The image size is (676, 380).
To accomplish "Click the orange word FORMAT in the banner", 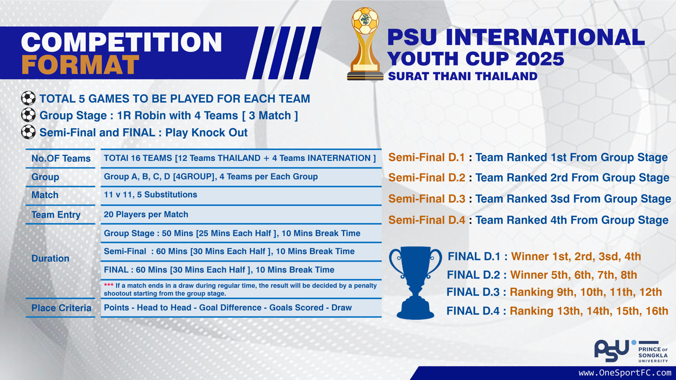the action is pos(80,65).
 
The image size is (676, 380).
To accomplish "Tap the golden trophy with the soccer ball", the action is pos(365,44).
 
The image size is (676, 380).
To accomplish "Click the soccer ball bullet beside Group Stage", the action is pos(28,115).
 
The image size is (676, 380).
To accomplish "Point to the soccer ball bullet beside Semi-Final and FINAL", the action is pos(28,132).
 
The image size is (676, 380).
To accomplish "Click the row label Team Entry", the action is pos(56,215).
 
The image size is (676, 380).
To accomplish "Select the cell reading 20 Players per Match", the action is pos(146,214).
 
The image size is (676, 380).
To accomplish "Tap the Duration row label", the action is pos(50,258).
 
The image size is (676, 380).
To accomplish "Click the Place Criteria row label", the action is pos(61,308).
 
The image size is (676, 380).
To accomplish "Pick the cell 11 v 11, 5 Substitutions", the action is pos(151,194).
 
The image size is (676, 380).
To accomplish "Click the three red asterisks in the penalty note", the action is pos(109,285).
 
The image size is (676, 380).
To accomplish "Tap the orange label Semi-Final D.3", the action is pos(427,199).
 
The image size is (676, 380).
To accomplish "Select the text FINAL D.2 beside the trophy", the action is pos(473,275).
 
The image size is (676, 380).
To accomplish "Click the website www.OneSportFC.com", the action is pos(625,373).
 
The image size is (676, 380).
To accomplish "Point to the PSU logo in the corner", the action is pos(631,351).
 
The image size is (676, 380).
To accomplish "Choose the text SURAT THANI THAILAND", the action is pos(463,76).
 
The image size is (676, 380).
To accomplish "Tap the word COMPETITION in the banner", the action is pos(121,42).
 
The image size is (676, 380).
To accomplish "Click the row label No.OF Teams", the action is pos(61,158).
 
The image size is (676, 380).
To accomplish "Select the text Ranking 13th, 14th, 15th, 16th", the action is pos(589,311).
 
